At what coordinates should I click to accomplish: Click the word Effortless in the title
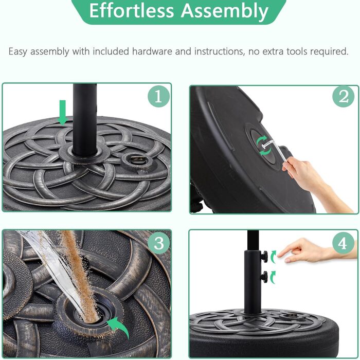click(x=132, y=11)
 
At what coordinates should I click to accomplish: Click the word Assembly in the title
click(x=225, y=11)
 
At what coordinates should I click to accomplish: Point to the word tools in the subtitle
click(x=297, y=51)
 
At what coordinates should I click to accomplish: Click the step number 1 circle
click(x=158, y=97)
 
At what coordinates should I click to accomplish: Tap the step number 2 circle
click(x=344, y=97)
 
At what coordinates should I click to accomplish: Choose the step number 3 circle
click(x=158, y=243)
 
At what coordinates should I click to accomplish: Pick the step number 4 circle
click(x=344, y=243)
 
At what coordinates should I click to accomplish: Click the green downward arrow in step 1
click(x=62, y=113)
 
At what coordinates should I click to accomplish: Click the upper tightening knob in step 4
click(x=264, y=256)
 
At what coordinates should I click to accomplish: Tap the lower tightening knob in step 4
click(x=264, y=276)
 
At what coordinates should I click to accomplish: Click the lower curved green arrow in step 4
click(x=272, y=277)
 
